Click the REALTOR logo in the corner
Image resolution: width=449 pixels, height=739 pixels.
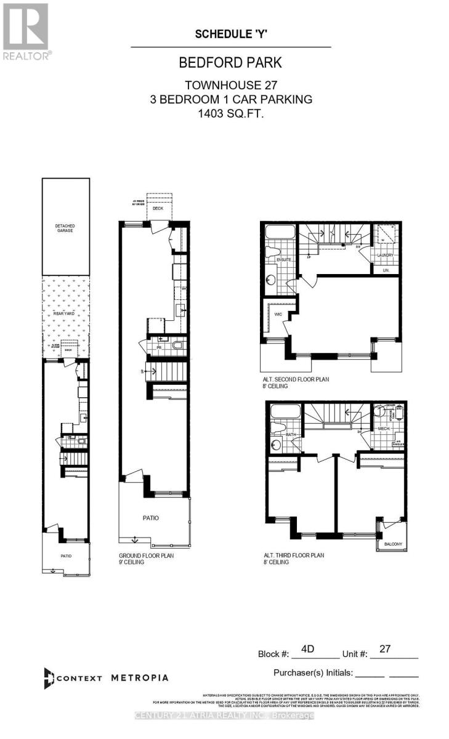[x=26, y=31]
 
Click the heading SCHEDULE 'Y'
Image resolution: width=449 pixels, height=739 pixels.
[x=231, y=34]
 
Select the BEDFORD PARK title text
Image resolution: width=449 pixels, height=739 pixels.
[x=230, y=63]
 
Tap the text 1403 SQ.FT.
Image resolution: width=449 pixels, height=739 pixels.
[x=230, y=113]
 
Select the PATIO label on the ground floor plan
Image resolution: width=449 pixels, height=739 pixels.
[x=151, y=518]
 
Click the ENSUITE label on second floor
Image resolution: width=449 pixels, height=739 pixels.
[x=275, y=260]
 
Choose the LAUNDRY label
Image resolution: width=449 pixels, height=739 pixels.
[x=386, y=255]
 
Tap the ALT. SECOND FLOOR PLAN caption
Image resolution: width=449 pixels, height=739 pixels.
[x=296, y=379]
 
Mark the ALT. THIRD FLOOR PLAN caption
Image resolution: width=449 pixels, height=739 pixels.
[x=292, y=555]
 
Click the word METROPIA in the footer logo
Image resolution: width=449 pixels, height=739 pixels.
[x=139, y=677]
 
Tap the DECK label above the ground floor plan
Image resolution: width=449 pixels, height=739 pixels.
[x=159, y=208]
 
